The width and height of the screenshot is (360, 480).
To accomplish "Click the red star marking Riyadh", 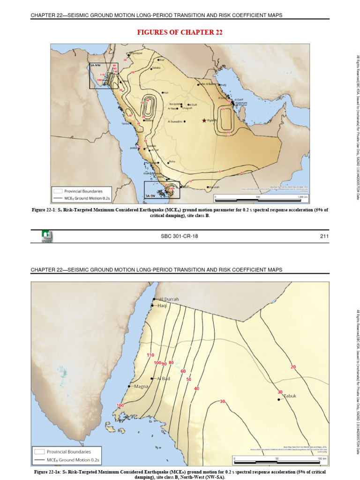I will coord(204,120).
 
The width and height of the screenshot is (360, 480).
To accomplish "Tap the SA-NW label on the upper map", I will coord(96,66).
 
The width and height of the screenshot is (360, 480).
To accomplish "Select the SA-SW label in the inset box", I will coord(150,195).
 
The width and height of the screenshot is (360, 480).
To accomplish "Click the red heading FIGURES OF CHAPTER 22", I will coord(180,32).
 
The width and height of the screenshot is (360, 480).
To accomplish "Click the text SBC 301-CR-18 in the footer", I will coord(180,236).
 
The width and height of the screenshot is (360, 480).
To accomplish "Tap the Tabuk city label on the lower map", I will coord(291,396).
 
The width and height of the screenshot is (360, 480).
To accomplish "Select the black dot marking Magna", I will coord(129,386).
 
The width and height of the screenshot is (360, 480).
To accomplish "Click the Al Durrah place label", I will coord(169,299).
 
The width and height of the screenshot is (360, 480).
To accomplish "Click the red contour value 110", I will coord(150,355).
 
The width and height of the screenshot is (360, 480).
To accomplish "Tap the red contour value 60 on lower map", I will coord(183,371).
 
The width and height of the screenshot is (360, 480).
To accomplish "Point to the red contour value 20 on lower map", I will coord(293,367).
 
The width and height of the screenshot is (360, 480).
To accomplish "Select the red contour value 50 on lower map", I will coord(188,379).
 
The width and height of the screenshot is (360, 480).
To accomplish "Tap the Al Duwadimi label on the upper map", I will coord(175,121).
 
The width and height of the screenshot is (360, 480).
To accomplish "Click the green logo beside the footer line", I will coord(47,236).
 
